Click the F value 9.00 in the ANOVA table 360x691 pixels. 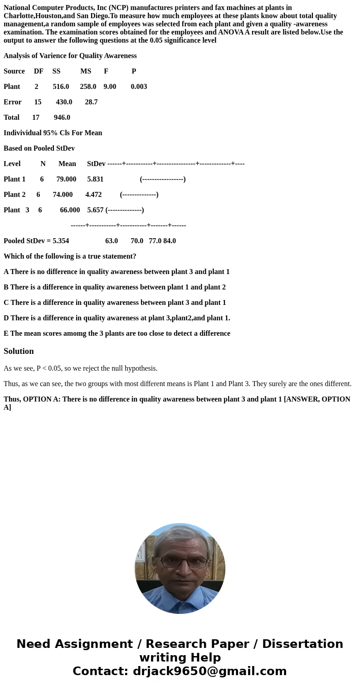pos(110,86)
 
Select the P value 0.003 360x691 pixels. pos(139,86)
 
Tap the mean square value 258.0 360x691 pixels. pos(88,86)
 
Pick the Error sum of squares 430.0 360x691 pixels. pos(64,102)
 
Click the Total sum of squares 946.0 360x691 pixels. pos(62,117)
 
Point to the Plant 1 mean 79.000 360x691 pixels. pos(66,179)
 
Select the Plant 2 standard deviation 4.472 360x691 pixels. pos(93,194)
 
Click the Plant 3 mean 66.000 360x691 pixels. pos(70,210)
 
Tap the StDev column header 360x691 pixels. pos(96,163)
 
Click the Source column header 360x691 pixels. pos(14,71)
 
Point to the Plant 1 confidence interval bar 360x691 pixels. pos(163,179)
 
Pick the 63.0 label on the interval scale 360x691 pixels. pos(112,240)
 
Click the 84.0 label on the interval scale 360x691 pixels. pos(170,240)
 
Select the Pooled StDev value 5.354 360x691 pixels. pos(61,240)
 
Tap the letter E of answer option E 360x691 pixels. pos(6,333)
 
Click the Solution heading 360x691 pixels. pos(19,351)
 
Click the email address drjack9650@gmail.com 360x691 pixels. pos(209,671)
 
